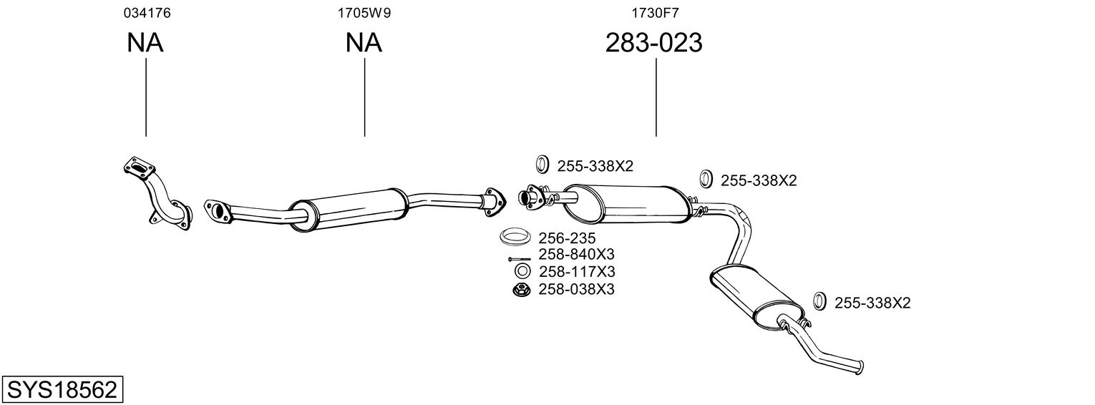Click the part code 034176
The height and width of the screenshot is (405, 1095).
pyautogui.click(x=147, y=13)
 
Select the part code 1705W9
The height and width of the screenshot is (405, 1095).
pyautogui.click(x=364, y=13)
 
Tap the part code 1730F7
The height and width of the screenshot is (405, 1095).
pyautogui.click(x=655, y=13)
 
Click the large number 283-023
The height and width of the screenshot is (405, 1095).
pyautogui.click(x=654, y=42)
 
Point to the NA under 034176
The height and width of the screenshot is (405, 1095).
pyautogui.click(x=145, y=42)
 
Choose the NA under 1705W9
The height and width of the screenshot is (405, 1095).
pyautogui.click(x=364, y=42)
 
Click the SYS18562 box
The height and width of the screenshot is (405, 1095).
pyautogui.click(x=62, y=389)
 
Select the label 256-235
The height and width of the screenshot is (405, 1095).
pyautogui.click(x=567, y=238)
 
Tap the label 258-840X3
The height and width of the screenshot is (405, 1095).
pyautogui.click(x=576, y=254)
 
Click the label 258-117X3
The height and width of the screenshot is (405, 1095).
pyautogui.click(x=577, y=271)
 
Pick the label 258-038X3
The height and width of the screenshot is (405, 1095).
pyautogui.click(x=576, y=289)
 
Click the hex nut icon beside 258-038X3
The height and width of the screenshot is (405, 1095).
pyautogui.click(x=522, y=290)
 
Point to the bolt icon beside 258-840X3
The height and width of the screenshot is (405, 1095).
pyautogui.click(x=520, y=259)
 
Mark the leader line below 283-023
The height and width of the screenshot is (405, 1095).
pyautogui.click(x=656, y=97)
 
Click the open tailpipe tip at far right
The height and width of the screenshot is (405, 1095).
pyautogui.click(x=860, y=368)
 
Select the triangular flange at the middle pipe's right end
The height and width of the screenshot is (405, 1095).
pyautogui.click(x=495, y=202)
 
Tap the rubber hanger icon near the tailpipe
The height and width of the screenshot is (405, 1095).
pyautogui.click(x=819, y=301)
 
